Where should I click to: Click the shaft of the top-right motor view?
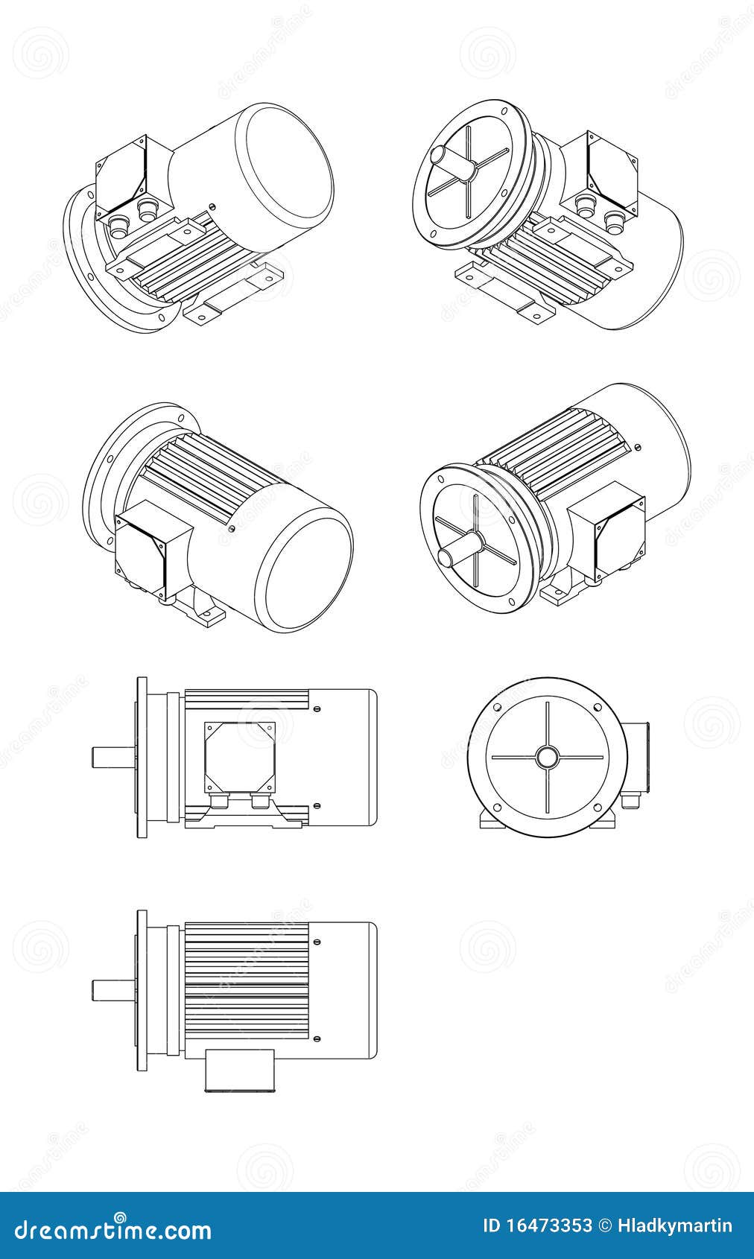point(451,161)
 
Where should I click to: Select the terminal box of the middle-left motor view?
point(146,548)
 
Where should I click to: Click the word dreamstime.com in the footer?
point(107,1227)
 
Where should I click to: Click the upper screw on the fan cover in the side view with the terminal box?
point(318,708)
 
